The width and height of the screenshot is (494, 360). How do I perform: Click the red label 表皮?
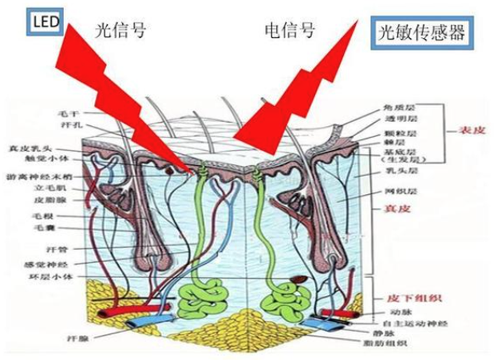click(472, 130)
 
